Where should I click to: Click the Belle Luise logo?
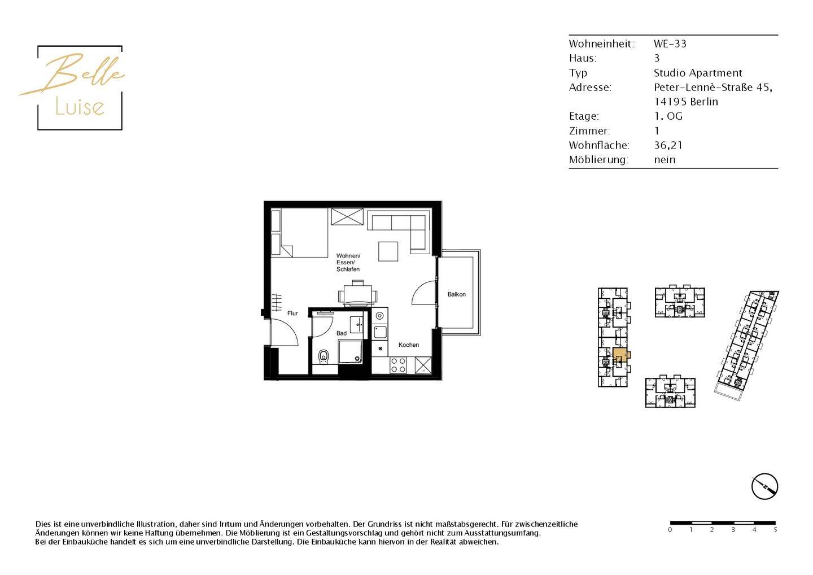[79, 88]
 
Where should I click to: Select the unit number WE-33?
[670, 43]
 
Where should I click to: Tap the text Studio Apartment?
[698, 73]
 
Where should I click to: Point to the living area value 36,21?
[668, 145]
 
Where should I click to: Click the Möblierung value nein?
[665, 160]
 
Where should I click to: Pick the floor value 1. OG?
[668, 116]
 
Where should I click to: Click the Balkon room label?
[456, 294]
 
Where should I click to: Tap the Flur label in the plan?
[292, 313]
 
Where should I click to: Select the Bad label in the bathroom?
[342, 333]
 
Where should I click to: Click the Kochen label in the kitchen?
[408, 345]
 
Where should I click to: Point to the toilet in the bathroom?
[324, 356]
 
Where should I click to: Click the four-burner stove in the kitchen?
[398, 365]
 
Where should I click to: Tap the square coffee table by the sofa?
[388, 251]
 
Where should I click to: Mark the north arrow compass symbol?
[764, 486]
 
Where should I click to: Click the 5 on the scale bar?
[775, 530]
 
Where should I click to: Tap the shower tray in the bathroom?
[350, 351]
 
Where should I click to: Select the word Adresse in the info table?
[590, 88]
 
